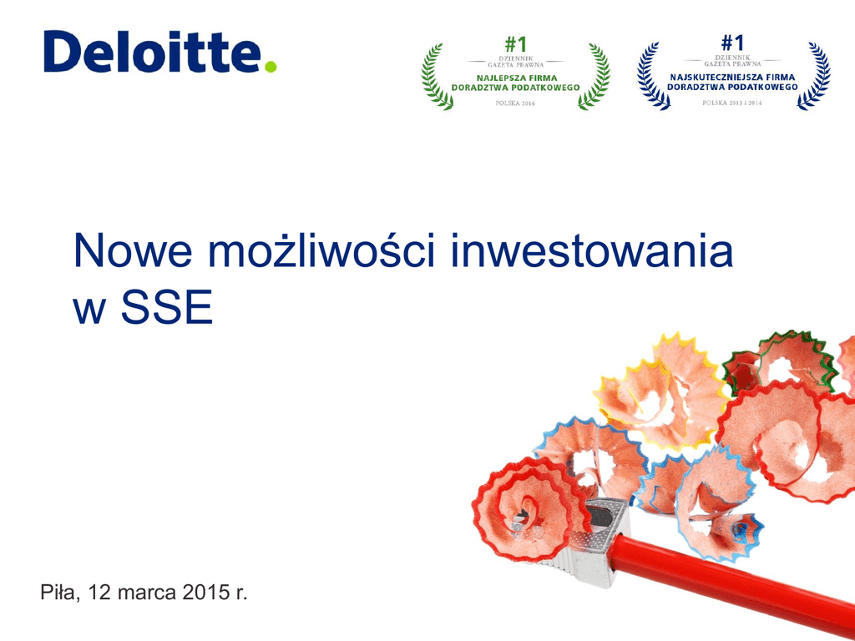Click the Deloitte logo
coord(159,51)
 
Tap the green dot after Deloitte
coord(271,67)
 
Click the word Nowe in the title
coord(133,250)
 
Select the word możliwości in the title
coord(321,250)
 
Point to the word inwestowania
coord(592,250)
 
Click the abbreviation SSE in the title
coord(166,308)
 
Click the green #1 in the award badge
coord(515,43)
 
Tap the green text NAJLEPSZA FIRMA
coord(517,78)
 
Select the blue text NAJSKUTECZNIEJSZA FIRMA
coord(732,77)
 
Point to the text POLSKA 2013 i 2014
coord(731,103)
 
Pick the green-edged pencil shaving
coord(780,361)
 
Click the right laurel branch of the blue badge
coord(814,76)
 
